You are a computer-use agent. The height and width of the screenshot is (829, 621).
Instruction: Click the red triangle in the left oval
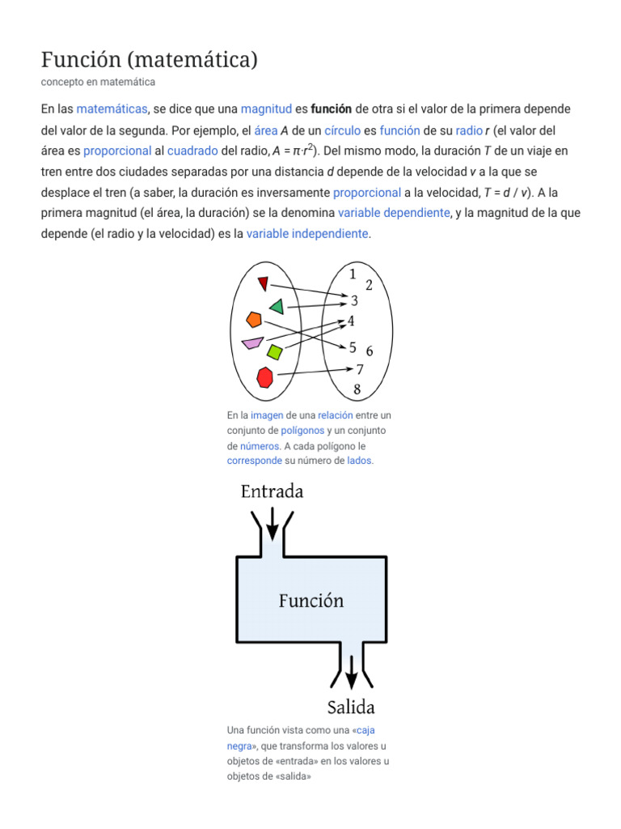tap(262, 283)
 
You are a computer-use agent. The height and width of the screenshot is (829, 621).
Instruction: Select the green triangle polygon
tap(277, 307)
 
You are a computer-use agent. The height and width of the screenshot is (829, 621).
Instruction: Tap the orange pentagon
tap(254, 319)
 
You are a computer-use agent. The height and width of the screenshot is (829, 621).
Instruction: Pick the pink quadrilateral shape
tap(251, 342)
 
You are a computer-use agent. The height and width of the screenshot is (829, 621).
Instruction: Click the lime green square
tap(275, 352)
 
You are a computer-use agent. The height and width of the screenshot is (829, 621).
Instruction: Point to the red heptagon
tap(264, 377)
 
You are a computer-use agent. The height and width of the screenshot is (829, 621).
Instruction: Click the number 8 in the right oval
tap(357, 389)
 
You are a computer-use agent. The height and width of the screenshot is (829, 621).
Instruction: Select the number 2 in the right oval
tap(369, 285)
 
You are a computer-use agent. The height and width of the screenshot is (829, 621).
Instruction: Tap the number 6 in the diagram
tap(369, 351)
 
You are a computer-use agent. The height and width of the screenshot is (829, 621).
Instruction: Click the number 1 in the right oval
tap(353, 274)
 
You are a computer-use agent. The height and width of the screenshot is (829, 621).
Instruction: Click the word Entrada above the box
tap(272, 491)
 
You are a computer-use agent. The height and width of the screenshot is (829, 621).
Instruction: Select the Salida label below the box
tap(351, 707)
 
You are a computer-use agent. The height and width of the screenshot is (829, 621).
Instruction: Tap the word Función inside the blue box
tap(311, 601)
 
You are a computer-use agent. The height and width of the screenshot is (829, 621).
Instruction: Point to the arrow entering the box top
tap(272, 523)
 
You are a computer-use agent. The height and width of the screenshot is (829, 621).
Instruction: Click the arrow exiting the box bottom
tap(352, 671)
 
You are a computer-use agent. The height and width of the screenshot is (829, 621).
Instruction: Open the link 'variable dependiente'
tap(394, 213)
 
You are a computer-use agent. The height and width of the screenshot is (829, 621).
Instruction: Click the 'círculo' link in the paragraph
tap(342, 130)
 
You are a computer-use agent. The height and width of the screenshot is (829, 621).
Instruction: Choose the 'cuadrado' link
tap(192, 151)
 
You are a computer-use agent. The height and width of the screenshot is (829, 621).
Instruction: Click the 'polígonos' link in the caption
tap(302, 431)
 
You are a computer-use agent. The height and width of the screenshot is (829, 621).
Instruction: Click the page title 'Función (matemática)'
tap(149, 59)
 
